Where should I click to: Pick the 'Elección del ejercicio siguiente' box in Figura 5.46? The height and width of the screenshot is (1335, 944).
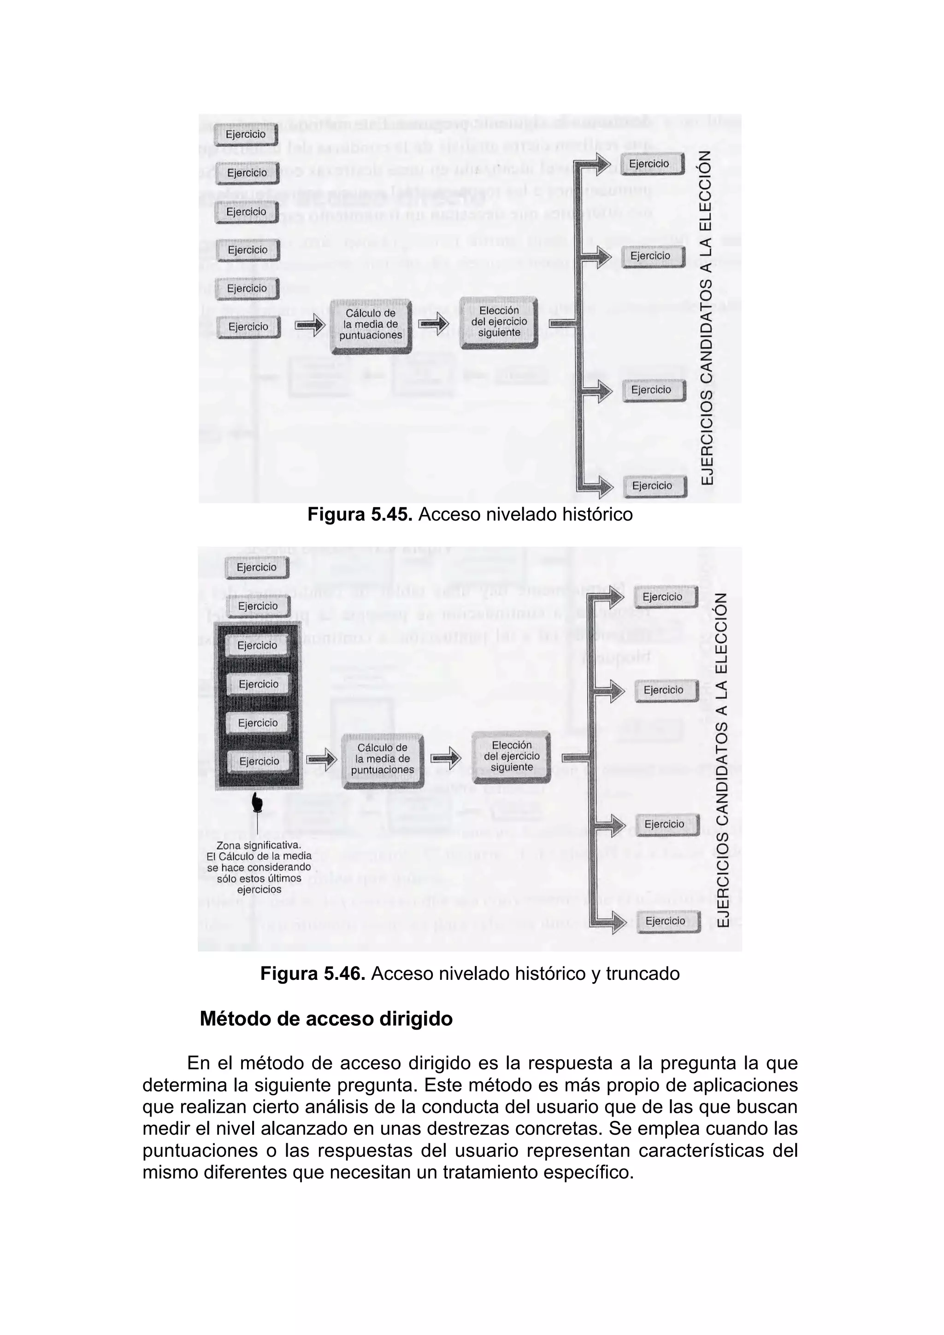click(x=511, y=756)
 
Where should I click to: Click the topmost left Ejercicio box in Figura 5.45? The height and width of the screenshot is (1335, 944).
click(x=246, y=135)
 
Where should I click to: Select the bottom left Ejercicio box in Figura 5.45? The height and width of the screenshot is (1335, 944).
click(x=248, y=327)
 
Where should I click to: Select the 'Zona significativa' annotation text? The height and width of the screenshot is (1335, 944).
click(x=259, y=867)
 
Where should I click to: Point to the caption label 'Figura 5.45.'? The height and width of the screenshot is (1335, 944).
click(x=360, y=515)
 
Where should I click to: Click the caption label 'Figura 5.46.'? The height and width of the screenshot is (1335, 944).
click(x=313, y=973)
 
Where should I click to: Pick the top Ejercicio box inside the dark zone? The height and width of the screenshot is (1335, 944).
click(x=257, y=645)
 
